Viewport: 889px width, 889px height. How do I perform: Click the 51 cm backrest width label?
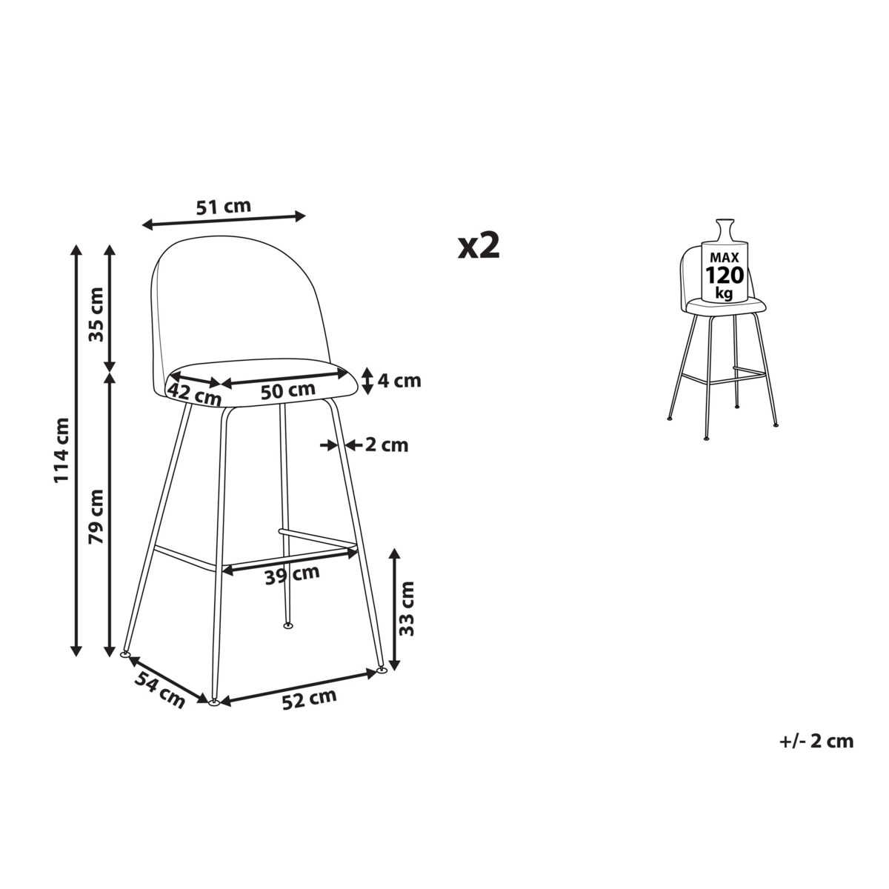223,207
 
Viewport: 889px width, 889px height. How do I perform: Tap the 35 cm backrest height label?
96,314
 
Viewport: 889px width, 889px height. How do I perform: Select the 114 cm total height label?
61,450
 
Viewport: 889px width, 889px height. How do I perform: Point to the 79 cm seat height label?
96,516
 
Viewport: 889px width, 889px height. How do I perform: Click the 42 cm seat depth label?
194,393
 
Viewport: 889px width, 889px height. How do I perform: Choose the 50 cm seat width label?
288,390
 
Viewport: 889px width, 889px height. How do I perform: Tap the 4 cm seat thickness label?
399,381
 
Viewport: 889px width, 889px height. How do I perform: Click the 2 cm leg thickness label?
387,445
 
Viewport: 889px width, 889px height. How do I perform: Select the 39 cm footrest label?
292,575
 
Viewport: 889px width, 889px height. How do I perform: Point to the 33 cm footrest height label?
407,609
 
